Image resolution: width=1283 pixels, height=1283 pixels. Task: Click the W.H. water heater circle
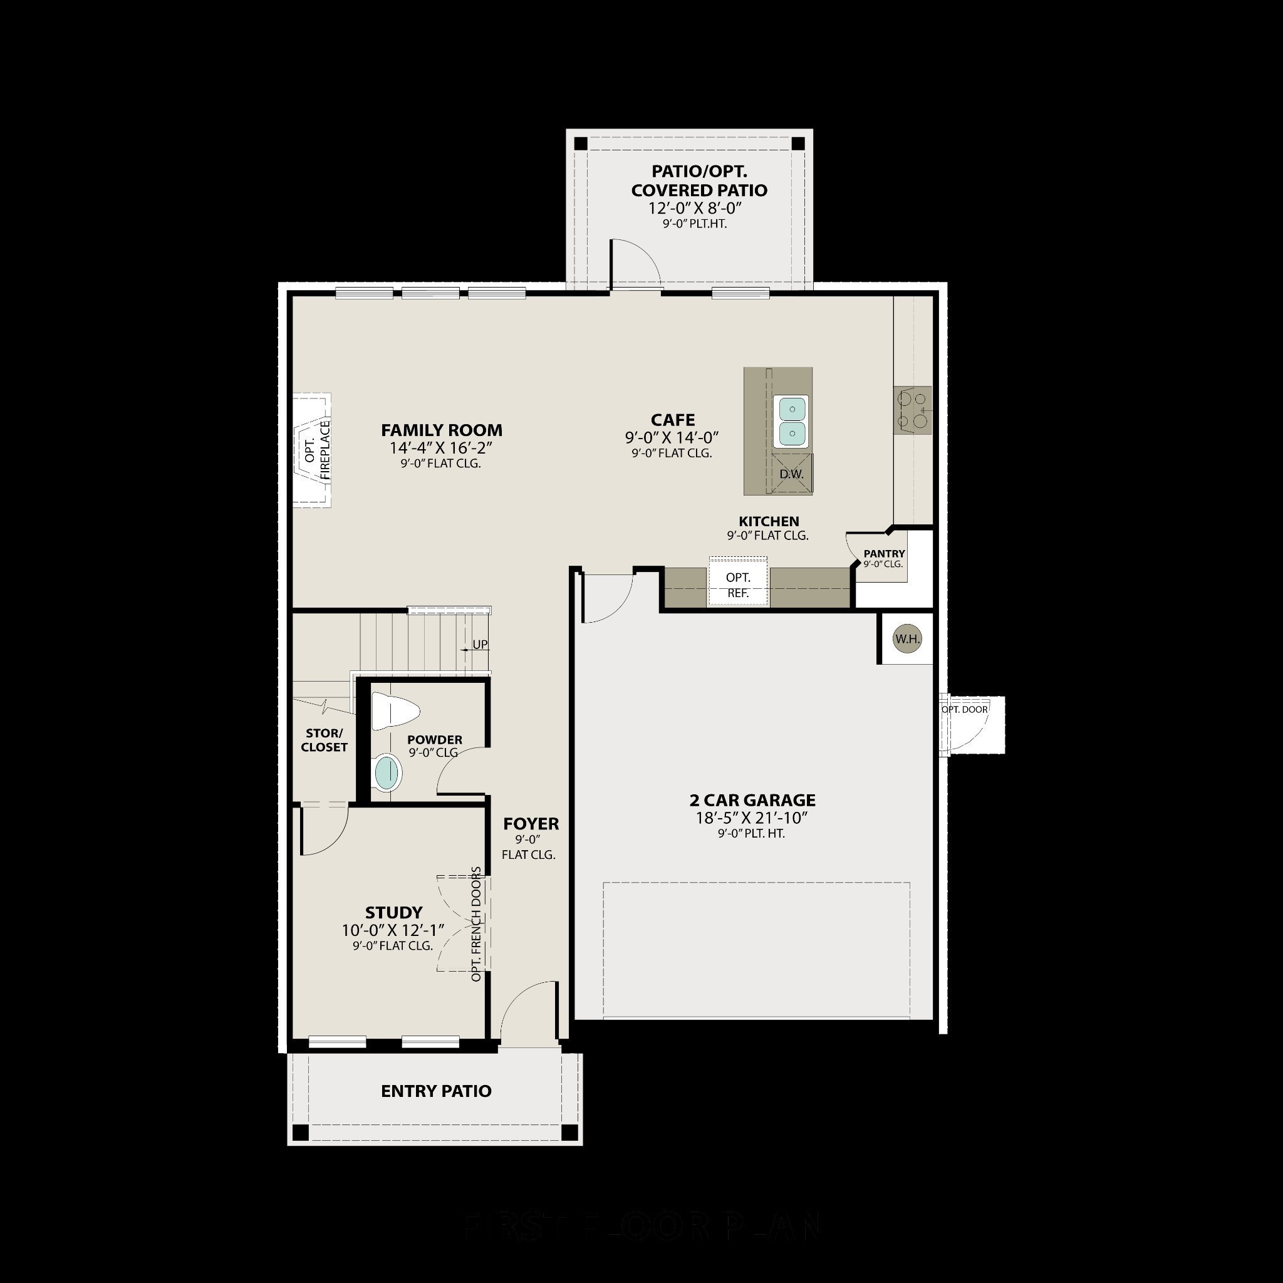[x=907, y=639]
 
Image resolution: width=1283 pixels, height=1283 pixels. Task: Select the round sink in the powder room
[x=388, y=773]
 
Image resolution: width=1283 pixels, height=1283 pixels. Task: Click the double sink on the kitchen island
[x=792, y=421]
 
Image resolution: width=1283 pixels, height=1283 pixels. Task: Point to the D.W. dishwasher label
[x=792, y=474]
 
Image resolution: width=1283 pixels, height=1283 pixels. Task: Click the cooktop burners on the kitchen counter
[x=912, y=410]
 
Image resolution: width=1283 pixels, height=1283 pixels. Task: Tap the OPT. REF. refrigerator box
[x=738, y=584]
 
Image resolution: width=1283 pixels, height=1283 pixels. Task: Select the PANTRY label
[x=884, y=554]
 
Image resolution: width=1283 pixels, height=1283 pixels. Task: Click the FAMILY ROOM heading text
[x=442, y=430]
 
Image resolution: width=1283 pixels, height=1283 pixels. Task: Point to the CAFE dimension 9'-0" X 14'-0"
[x=672, y=438]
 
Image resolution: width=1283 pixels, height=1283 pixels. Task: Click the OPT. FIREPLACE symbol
[x=312, y=450]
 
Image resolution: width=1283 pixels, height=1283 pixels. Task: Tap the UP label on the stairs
[x=479, y=645]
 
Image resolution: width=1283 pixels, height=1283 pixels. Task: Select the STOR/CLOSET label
[x=324, y=740]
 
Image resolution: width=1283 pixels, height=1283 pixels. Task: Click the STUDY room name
[x=394, y=912]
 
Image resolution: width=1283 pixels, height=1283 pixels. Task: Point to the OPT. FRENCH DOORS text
[x=476, y=924]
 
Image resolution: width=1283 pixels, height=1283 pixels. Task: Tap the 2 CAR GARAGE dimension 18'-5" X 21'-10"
[x=752, y=818]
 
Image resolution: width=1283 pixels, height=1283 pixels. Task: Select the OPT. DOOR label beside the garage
[x=965, y=709]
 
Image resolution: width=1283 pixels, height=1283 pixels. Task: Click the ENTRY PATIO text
[x=436, y=1091]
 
